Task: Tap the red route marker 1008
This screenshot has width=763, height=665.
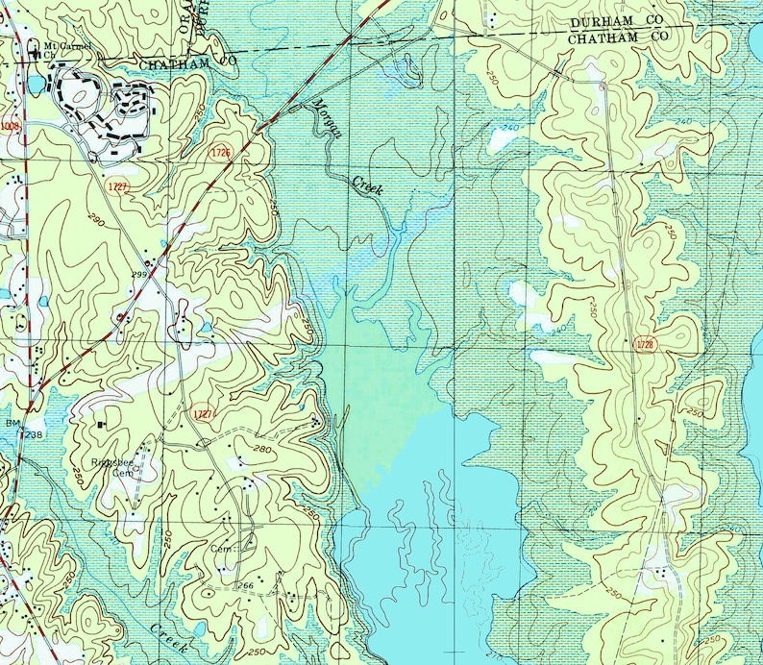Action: [10, 125]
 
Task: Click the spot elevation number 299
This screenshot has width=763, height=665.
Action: [137, 275]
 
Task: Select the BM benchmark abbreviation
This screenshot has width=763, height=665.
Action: [13, 423]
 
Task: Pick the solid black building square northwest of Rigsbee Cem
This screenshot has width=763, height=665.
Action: [100, 423]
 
